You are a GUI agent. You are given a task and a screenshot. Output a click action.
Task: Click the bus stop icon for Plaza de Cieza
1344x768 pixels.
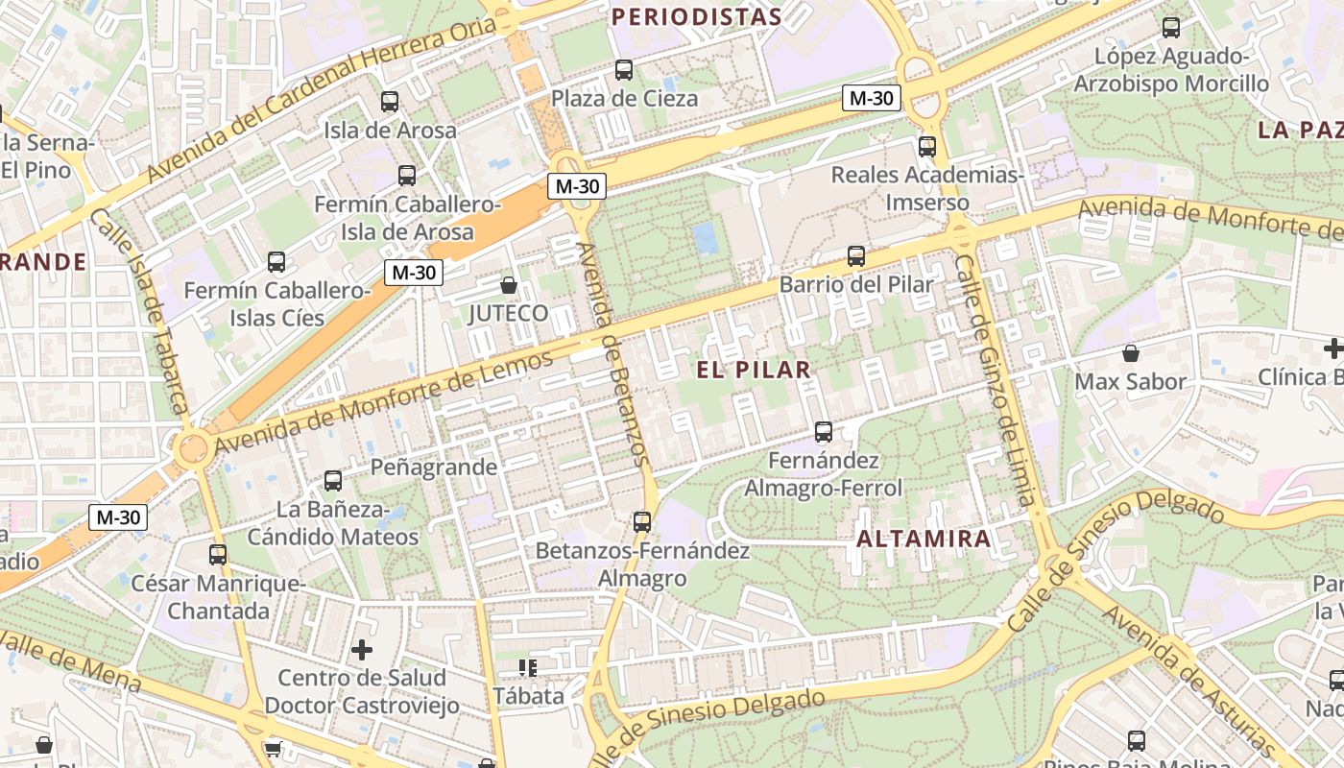point(624,69)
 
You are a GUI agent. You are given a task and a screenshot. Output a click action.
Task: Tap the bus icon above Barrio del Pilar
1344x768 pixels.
point(855,256)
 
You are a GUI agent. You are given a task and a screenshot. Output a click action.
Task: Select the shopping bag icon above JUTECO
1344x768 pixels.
point(509,285)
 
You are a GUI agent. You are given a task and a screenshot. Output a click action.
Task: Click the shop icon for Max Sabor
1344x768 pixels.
point(1131,353)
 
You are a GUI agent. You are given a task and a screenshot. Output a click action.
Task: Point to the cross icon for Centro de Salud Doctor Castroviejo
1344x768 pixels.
point(362,650)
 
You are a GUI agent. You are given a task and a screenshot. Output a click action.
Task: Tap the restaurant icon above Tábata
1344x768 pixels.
point(527,667)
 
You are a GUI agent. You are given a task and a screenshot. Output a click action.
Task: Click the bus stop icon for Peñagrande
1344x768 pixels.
point(333,480)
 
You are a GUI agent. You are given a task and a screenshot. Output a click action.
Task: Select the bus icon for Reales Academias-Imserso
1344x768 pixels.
point(926,147)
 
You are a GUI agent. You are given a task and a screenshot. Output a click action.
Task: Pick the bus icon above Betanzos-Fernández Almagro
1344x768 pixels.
point(642,522)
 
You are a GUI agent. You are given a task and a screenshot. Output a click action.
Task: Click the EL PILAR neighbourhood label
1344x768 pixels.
point(754,370)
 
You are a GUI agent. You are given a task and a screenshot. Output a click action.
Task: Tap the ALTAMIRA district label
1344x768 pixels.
point(923,539)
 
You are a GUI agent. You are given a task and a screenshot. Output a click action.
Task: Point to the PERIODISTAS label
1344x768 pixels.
point(697,16)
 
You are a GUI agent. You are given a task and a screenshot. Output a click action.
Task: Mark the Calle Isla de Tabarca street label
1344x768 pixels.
point(138,312)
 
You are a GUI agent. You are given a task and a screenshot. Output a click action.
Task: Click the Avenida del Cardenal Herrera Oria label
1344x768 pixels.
point(322,101)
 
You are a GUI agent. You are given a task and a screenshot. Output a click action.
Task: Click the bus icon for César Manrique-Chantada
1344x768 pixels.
point(218,554)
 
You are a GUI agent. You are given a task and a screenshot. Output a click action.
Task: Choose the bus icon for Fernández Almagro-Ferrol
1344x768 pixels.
point(824,432)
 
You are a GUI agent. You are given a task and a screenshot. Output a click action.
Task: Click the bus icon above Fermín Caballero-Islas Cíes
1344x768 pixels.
point(276,261)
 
